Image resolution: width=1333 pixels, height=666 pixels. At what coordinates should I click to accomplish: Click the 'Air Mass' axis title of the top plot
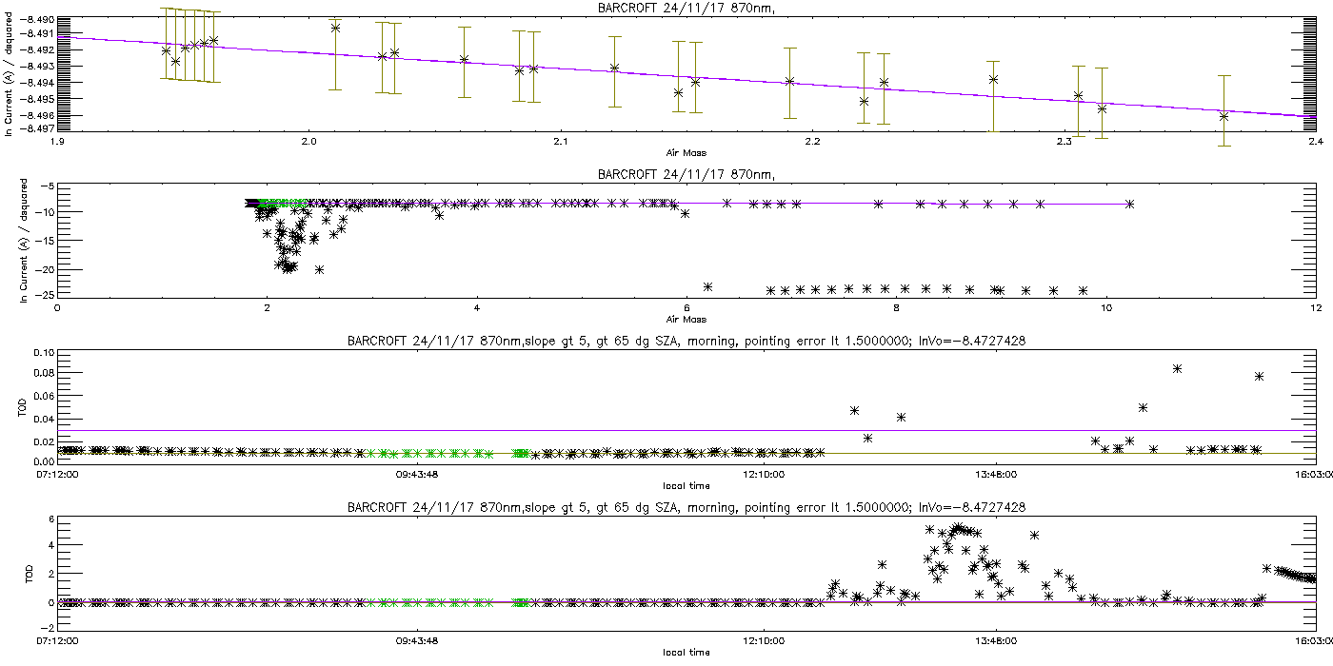(686, 152)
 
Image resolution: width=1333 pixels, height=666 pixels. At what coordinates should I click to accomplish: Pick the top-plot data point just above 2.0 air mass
(335, 28)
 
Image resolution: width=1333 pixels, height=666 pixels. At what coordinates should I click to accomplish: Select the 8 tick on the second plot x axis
(897, 307)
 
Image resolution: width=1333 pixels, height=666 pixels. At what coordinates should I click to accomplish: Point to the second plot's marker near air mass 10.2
(1129, 204)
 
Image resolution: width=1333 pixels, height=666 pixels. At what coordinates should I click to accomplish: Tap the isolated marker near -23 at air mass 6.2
(707, 286)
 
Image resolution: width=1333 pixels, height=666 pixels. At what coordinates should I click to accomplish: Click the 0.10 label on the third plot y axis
(42, 353)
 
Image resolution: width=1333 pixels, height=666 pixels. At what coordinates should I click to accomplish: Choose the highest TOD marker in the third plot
(1178, 368)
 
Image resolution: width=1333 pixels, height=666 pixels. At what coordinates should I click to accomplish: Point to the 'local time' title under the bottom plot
(686, 652)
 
